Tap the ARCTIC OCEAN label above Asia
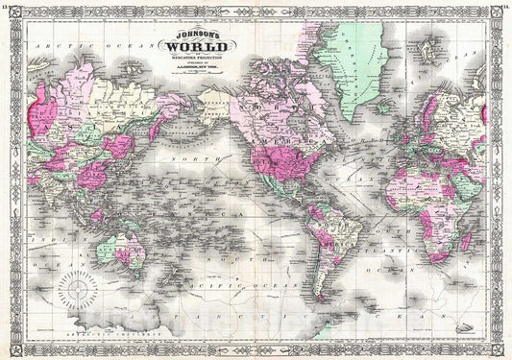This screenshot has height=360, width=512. (58, 46)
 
